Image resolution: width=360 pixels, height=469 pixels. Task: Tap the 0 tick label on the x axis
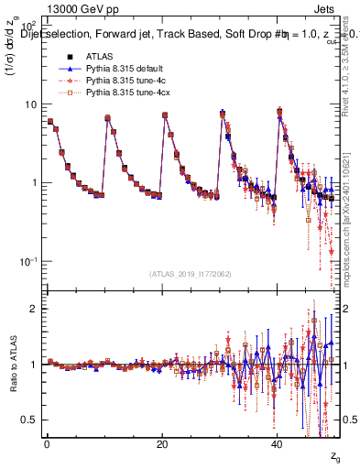tap(47, 443)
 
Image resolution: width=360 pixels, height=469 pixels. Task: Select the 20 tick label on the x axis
tap(162, 443)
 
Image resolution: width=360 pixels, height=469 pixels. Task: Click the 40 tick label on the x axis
tap(278, 443)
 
